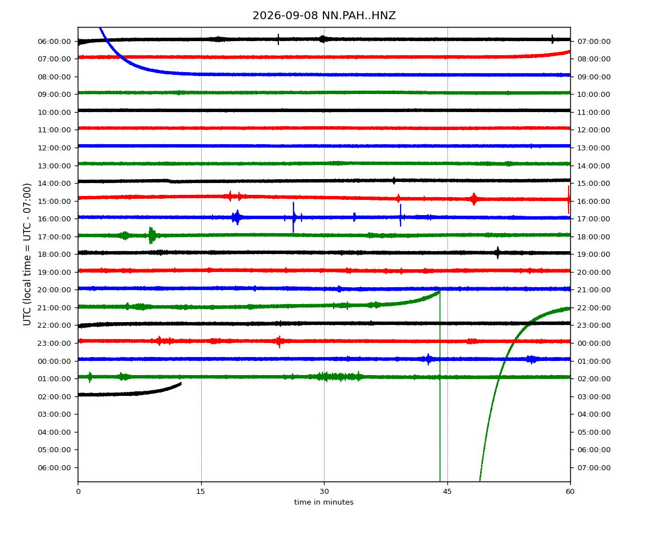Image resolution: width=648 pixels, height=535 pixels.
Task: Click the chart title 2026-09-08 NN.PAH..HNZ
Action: pos(324,16)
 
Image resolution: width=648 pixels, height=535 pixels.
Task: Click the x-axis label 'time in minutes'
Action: pos(324,502)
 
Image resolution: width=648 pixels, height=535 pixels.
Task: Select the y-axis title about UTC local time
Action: pos(27,255)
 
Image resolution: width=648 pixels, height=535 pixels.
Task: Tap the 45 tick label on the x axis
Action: pos(447,492)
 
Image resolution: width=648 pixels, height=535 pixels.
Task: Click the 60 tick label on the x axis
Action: pos(570,492)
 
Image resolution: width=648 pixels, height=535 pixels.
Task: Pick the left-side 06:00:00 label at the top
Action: pos(55,42)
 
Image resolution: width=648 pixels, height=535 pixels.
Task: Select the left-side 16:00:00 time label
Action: pos(55,219)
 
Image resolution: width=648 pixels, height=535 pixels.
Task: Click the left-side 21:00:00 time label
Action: pos(55,308)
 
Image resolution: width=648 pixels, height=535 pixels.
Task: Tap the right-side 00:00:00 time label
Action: pos(594,344)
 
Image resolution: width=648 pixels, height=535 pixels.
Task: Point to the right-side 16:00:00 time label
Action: pos(594,202)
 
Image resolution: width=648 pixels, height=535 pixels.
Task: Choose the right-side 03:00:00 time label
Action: pos(594,397)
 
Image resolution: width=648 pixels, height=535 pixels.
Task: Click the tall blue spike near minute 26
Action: pos(294,217)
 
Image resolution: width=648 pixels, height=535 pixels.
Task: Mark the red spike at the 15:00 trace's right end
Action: pos(569,199)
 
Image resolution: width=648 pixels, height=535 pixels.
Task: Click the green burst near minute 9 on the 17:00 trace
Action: pos(152,235)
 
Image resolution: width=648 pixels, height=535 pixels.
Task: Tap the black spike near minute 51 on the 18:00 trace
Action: pos(498,252)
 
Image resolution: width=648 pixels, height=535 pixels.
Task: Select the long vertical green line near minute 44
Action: pos(440,386)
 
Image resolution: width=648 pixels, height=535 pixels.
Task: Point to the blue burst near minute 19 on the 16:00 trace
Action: pos(237,217)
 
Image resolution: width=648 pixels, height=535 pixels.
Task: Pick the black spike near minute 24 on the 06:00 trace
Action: pos(278,39)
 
